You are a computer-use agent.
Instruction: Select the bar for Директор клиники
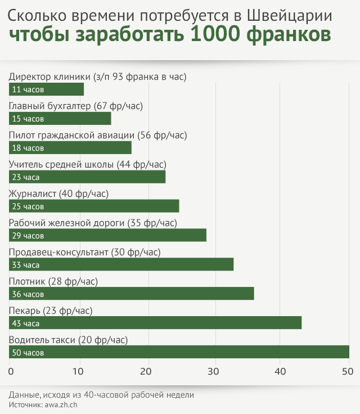coord(46,89)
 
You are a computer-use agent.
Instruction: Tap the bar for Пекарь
coord(155,323)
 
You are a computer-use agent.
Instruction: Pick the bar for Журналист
coord(94,206)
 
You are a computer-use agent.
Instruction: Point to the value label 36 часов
coord(28,294)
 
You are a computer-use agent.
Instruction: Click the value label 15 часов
coord(28,119)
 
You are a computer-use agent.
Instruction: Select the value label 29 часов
coord(28,236)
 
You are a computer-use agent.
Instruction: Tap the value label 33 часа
coord(26,265)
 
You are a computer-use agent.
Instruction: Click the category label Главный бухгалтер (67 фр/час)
coord(76,106)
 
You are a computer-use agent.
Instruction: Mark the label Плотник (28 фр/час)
coord(53,281)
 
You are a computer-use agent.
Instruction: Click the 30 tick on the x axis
coord(214,371)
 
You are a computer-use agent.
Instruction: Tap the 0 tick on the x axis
coord(11,371)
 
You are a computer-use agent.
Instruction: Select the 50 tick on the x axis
coord(349,371)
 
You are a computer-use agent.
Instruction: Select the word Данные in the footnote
coord(26,394)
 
